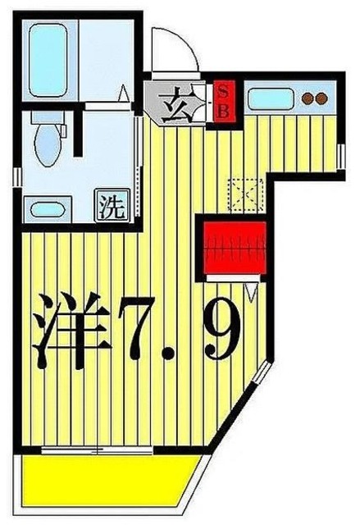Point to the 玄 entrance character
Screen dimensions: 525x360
[x=175, y=107]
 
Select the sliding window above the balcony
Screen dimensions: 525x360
[x=103, y=448]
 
